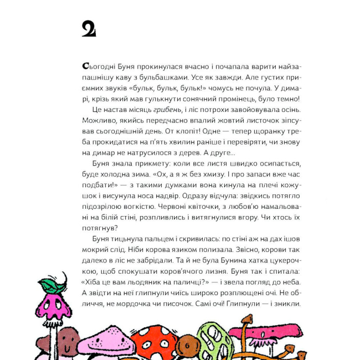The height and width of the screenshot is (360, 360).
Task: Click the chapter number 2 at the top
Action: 89,29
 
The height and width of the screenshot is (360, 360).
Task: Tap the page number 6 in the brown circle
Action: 187,346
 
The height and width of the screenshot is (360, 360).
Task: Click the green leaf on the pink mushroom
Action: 52,286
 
